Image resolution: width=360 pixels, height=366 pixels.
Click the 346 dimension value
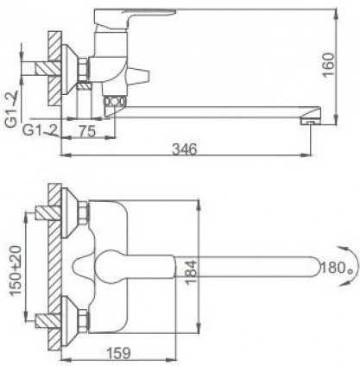(185, 149)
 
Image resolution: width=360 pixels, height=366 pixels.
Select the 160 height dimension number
(329, 65)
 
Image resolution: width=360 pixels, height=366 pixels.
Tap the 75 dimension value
(87, 131)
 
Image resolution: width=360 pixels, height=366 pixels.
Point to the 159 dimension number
(118, 353)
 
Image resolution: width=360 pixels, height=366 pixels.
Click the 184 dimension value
(191, 273)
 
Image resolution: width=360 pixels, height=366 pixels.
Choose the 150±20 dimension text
(16, 270)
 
